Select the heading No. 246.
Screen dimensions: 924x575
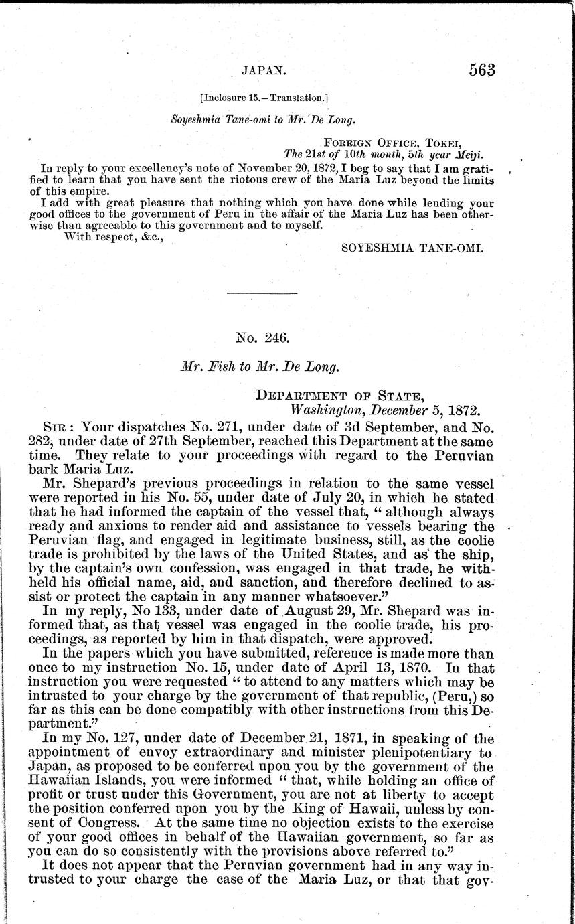pyautogui.click(x=262, y=338)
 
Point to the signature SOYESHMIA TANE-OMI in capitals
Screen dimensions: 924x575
pyautogui.click(x=412, y=248)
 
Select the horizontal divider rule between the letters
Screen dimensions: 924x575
pyautogui.click(x=262, y=294)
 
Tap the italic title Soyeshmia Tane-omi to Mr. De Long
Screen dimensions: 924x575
pyautogui.click(x=261, y=121)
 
